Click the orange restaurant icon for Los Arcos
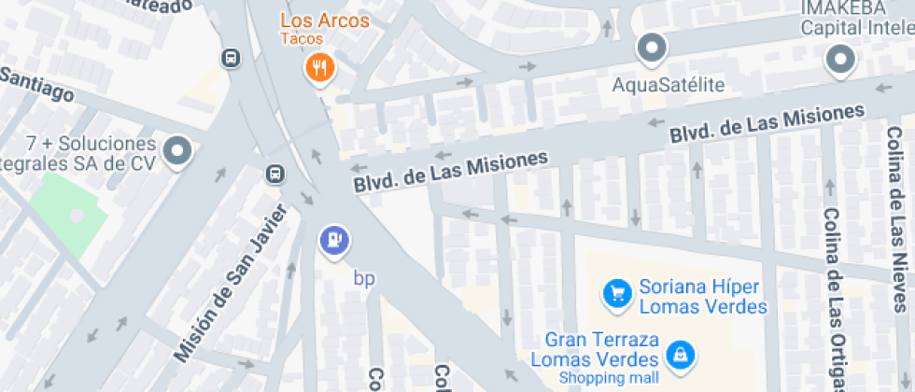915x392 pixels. tap(320, 67)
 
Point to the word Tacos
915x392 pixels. tap(302, 39)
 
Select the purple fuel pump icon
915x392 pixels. tap(334, 241)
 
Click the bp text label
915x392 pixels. tap(363, 277)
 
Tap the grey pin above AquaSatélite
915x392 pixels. tap(651, 48)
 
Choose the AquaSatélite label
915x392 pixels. tap(668, 86)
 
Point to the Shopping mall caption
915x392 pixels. tap(608, 377)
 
